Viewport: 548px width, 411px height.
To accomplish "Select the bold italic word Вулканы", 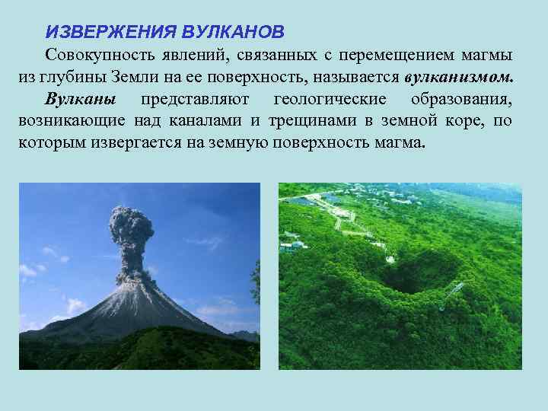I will click(81, 100).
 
